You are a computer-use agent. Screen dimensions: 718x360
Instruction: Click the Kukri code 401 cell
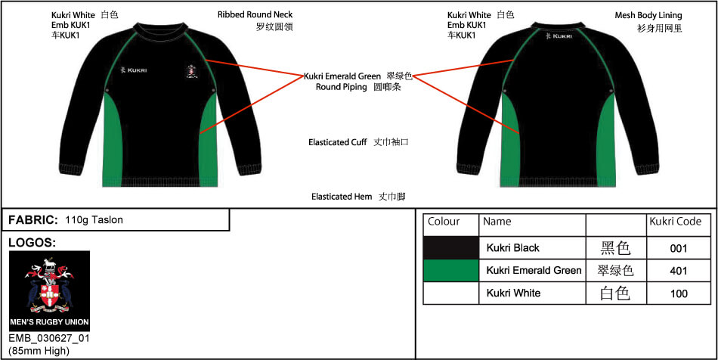click(679, 271)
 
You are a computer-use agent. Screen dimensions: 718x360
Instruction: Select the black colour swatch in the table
click(451, 248)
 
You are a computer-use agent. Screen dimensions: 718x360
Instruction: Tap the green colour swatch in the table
click(451, 271)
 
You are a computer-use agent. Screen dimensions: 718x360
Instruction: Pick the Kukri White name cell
click(532, 293)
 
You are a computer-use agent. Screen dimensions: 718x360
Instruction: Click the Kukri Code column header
click(676, 222)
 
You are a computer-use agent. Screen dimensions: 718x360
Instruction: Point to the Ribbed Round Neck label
click(255, 14)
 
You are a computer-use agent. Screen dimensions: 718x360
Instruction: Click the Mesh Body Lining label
click(648, 16)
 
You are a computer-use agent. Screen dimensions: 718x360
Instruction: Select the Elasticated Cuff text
click(338, 142)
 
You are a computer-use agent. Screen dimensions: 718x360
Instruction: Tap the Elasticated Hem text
click(342, 197)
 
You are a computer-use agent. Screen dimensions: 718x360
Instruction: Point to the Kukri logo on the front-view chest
click(133, 70)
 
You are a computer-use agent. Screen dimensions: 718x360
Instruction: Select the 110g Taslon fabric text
click(94, 220)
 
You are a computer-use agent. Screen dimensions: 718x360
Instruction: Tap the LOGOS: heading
click(32, 244)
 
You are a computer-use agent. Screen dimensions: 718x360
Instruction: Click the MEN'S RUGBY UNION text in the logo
click(49, 322)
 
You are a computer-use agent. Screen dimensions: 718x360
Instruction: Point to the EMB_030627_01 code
click(49, 339)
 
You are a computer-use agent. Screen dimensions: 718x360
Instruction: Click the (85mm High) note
click(39, 351)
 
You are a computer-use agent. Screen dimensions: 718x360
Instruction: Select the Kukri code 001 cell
click(679, 248)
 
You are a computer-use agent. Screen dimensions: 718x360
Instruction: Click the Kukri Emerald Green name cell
click(534, 271)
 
